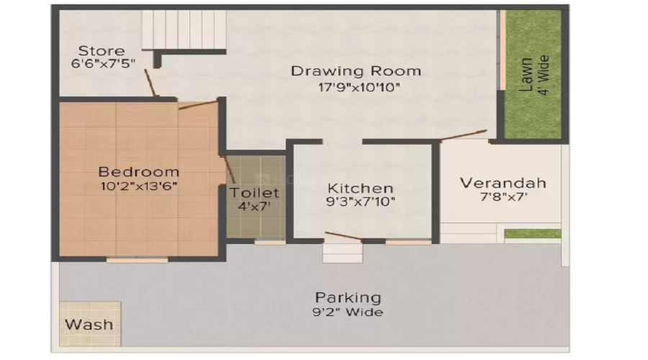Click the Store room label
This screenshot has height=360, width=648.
coord(102,51)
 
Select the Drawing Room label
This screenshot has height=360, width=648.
coord(356,71)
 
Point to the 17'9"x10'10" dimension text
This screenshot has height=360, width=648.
coord(356,87)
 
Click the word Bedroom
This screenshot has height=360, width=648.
coord(139,172)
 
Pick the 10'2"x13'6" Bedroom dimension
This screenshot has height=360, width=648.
coord(139,186)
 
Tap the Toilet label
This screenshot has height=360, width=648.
coord(254,193)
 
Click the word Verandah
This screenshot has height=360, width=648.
coord(503,182)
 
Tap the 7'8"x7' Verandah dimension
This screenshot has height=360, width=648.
coord(503,197)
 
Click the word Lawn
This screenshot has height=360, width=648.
coord(526,74)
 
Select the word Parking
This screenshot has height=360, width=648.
coord(348,297)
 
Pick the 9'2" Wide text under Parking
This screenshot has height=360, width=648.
coord(348,312)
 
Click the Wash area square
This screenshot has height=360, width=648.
coord(89,324)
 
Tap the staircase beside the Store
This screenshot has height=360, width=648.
coord(184,30)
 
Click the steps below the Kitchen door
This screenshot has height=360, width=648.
coord(343,253)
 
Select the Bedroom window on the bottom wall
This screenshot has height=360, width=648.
coord(137,260)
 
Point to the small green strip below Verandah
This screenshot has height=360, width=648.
coord(532,234)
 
